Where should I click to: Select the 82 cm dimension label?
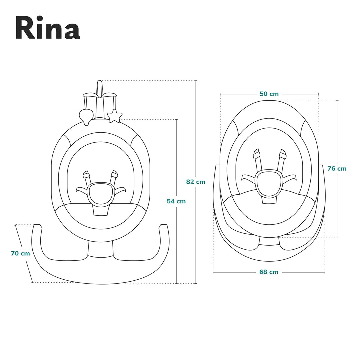tap(196, 182)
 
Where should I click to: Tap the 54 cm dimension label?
tap(176, 201)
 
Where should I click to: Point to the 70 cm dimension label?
tap(20, 253)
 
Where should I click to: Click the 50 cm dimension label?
tap(269, 94)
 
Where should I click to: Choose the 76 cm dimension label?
tap(337, 169)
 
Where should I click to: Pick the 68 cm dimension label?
tap(269, 272)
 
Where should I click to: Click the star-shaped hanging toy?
tap(114, 116)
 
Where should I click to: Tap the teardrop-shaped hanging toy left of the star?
tap(85, 116)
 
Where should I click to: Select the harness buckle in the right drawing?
tap(269, 183)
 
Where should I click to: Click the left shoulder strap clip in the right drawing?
tap(256, 154)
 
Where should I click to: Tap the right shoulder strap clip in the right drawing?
tap(283, 154)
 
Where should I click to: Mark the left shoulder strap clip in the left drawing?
tap(86, 174)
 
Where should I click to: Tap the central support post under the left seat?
tap(100, 248)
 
